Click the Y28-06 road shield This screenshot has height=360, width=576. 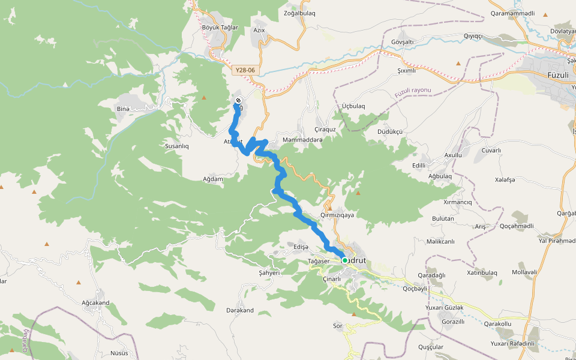[x=245, y=70]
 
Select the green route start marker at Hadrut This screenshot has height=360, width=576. [x=345, y=260]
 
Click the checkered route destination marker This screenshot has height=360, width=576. [x=238, y=100]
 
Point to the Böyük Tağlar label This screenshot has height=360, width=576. [x=220, y=28]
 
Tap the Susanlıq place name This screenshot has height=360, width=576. [x=176, y=146]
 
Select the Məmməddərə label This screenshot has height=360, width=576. [x=302, y=140]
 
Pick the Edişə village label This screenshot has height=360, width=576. [x=301, y=247]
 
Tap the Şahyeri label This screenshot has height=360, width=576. [x=269, y=272]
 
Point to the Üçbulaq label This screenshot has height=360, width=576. [x=353, y=106]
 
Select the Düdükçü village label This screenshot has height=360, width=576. [x=390, y=131]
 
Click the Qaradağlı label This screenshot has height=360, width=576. [x=432, y=275]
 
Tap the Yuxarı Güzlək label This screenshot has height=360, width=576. [x=444, y=307]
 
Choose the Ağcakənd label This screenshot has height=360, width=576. [x=95, y=303]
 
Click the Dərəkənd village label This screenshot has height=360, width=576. [x=240, y=310]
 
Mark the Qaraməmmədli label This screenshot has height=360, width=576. [x=512, y=13]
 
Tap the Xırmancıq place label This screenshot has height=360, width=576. [x=457, y=202]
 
